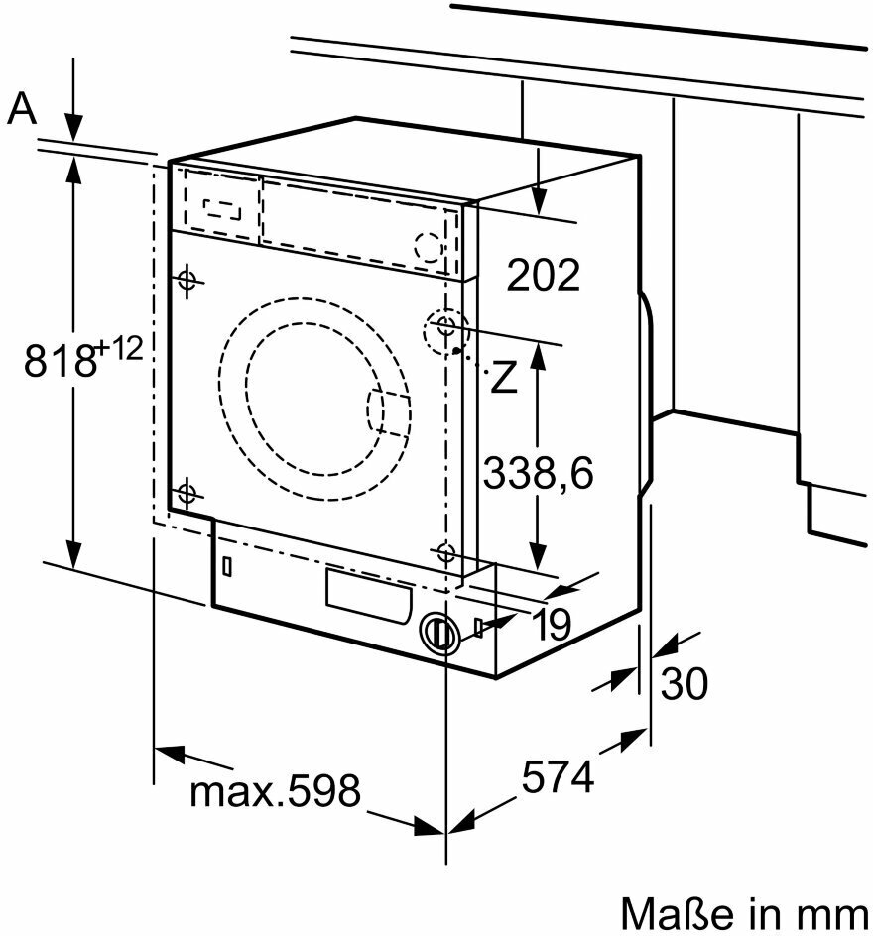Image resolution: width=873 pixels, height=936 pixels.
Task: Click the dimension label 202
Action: tap(543, 275)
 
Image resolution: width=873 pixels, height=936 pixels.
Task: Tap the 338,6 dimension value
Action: tap(538, 473)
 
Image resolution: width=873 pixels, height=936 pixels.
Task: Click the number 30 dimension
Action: tap(685, 683)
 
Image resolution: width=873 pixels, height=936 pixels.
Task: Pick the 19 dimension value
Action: tap(552, 625)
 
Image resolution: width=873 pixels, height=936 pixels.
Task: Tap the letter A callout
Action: tap(22, 109)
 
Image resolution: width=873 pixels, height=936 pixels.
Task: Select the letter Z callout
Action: tap(504, 378)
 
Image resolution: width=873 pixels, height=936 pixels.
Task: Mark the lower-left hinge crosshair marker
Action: tap(187, 492)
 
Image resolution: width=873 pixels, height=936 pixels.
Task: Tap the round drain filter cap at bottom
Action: tap(436, 632)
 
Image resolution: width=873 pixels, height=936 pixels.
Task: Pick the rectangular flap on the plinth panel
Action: tap(367, 595)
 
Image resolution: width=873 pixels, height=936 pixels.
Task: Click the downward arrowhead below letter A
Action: tap(73, 129)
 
